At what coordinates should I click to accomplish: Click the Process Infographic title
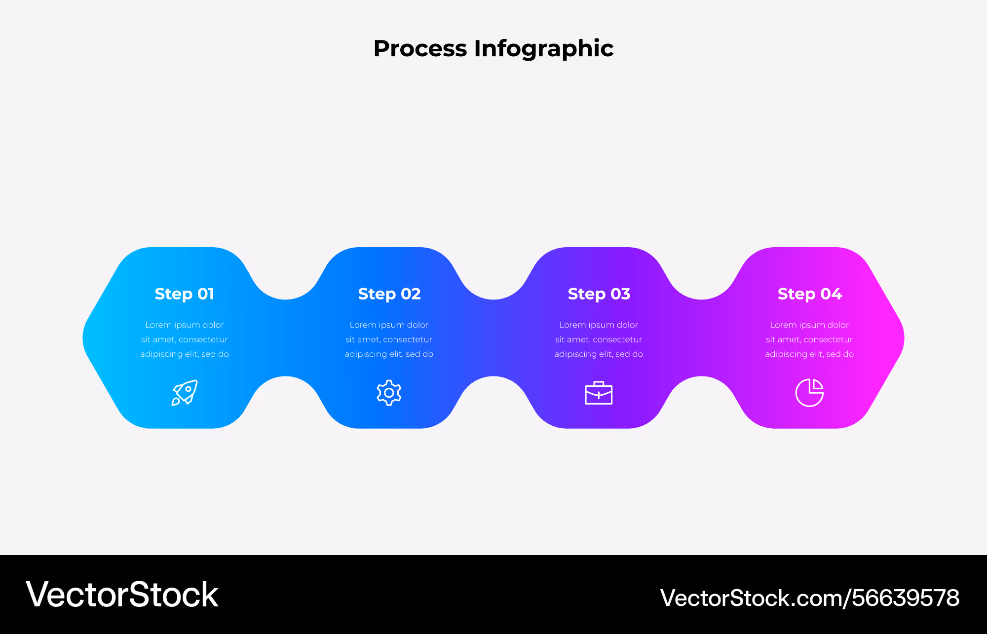(x=493, y=49)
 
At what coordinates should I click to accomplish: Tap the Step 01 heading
(x=185, y=294)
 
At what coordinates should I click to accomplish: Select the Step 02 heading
(x=389, y=294)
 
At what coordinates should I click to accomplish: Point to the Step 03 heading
(x=599, y=294)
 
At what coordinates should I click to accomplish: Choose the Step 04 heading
(x=810, y=294)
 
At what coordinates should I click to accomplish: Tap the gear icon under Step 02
(x=389, y=393)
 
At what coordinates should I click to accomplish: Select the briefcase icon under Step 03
(x=599, y=393)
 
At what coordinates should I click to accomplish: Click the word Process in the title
(x=420, y=48)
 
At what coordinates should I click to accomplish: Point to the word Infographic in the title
(x=544, y=49)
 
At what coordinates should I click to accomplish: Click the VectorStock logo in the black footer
(x=122, y=595)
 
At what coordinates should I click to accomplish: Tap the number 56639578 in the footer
(x=906, y=598)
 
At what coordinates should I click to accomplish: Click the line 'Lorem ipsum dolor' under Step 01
(x=185, y=325)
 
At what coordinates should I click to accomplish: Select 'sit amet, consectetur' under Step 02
(x=389, y=339)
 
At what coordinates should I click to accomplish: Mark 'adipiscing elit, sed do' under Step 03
(x=599, y=354)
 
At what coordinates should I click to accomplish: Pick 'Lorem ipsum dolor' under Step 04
(x=809, y=325)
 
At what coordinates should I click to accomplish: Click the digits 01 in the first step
(x=206, y=294)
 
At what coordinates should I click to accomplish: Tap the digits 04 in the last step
(x=832, y=294)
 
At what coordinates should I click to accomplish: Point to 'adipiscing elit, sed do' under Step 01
(x=185, y=354)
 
